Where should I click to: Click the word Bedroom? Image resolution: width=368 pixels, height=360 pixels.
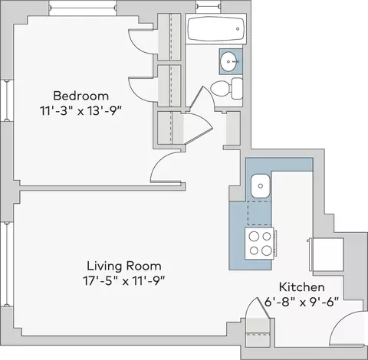tap(81, 96)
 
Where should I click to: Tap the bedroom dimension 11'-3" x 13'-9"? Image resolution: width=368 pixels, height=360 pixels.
tap(80, 111)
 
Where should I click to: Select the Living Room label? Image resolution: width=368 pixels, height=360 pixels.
tap(124, 266)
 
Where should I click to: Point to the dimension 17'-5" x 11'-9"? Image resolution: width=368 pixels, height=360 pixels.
tap(123, 281)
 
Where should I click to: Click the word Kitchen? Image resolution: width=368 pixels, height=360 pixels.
tap(302, 287)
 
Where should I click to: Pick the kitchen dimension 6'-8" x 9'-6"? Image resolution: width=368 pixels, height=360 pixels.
tap(301, 303)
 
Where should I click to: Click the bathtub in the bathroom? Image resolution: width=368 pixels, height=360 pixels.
tap(216, 28)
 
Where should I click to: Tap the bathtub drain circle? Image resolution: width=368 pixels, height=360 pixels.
tap(238, 29)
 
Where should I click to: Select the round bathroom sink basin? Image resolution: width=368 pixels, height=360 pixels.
tap(229, 61)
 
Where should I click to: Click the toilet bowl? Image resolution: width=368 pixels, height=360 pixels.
tap(220, 89)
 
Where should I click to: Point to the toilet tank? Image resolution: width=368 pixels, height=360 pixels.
tap(237, 89)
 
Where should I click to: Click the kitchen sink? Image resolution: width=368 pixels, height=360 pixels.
tap(260, 186)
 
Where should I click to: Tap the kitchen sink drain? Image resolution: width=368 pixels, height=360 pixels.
tap(261, 186)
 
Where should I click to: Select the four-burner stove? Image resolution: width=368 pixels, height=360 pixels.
tap(260, 244)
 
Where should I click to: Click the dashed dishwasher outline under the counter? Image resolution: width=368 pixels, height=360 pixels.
tap(259, 213)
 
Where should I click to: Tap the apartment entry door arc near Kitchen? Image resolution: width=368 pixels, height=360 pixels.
tap(337, 322)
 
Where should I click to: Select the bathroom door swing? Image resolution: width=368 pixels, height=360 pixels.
tap(205, 94)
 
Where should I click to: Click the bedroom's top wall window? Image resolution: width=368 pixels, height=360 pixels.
tap(83, 8)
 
